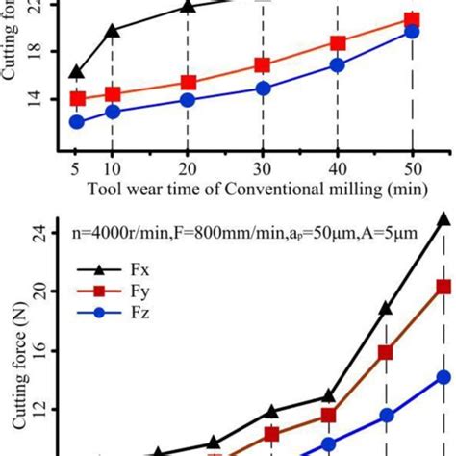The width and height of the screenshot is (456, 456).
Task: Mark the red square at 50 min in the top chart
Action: point(412,20)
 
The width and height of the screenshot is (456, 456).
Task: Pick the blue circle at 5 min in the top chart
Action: point(77,122)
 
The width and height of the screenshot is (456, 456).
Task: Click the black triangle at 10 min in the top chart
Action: point(113,32)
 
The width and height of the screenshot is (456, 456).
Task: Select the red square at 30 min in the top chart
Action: point(262,65)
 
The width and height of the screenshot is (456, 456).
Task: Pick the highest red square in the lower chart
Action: point(443,287)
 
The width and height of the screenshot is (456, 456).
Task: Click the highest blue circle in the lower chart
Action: point(443,377)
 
